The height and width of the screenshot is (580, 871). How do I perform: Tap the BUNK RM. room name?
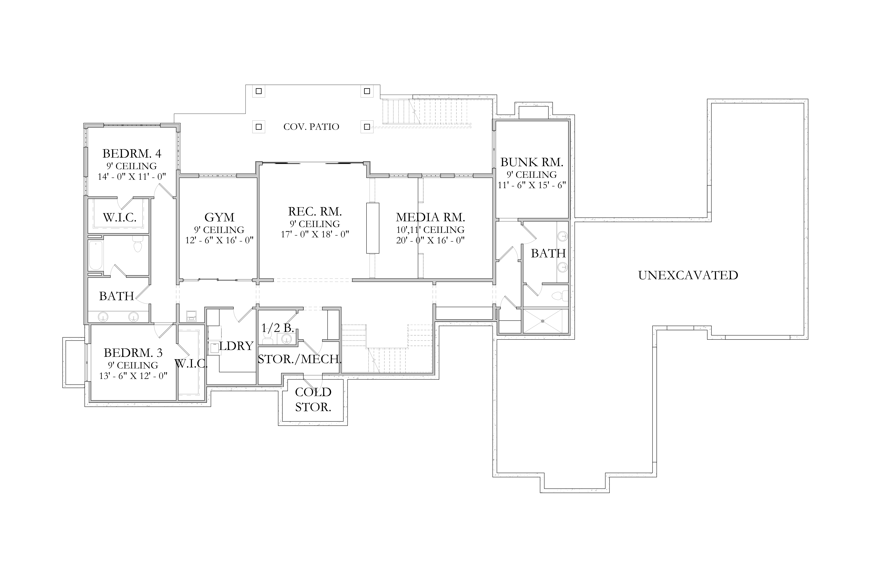click(532, 162)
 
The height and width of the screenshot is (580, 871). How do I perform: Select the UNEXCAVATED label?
click(688, 275)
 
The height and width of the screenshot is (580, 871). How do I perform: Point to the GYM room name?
click(219, 217)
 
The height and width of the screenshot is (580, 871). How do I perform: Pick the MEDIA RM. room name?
click(430, 217)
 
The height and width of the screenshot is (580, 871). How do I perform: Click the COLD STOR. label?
click(313, 399)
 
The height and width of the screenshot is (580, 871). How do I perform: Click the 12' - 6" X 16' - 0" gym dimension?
click(219, 240)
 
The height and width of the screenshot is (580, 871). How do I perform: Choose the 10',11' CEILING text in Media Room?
click(430, 230)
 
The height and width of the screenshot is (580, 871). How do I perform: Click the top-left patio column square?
click(259, 91)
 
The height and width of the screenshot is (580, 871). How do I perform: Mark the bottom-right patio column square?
click(367, 127)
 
